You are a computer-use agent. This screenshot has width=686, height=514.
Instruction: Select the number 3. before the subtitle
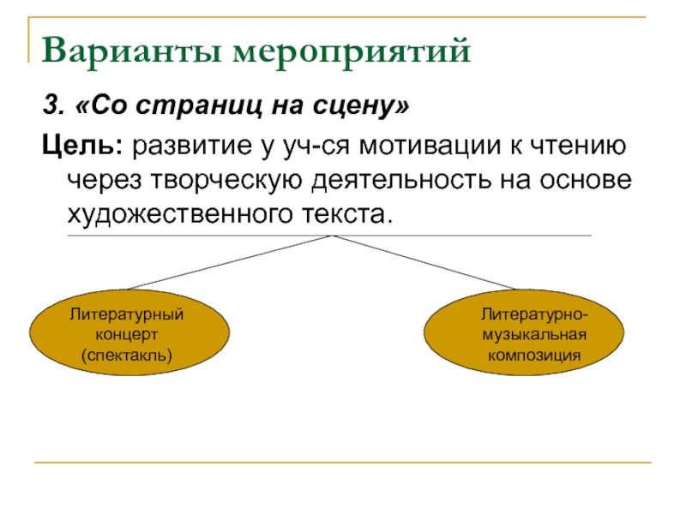(x=52, y=108)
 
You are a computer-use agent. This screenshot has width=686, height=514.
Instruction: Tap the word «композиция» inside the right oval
(x=533, y=353)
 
